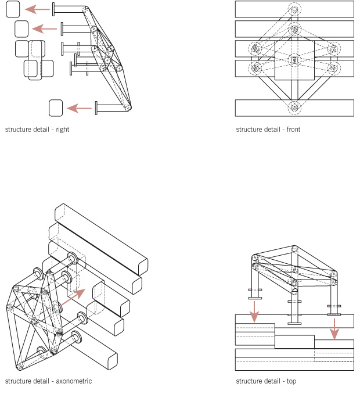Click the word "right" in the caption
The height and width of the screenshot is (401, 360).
tap(63, 130)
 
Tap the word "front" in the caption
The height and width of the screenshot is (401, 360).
tap(293, 130)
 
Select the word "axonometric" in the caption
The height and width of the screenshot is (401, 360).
tap(74, 381)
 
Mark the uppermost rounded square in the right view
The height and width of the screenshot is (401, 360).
tap(13, 9)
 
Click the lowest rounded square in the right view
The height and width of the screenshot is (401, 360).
tap(56, 108)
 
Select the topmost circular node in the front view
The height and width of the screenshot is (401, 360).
tap(294, 10)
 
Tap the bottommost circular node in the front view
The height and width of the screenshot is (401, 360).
tap(294, 108)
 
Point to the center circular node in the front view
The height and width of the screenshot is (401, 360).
tap(294, 59)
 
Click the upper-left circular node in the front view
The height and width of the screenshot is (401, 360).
tap(255, 49)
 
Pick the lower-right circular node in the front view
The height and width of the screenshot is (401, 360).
tap(333, 68)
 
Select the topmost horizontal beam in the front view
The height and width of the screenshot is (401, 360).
tap(294, 9)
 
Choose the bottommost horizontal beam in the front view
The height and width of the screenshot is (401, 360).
tap(294, 108)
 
